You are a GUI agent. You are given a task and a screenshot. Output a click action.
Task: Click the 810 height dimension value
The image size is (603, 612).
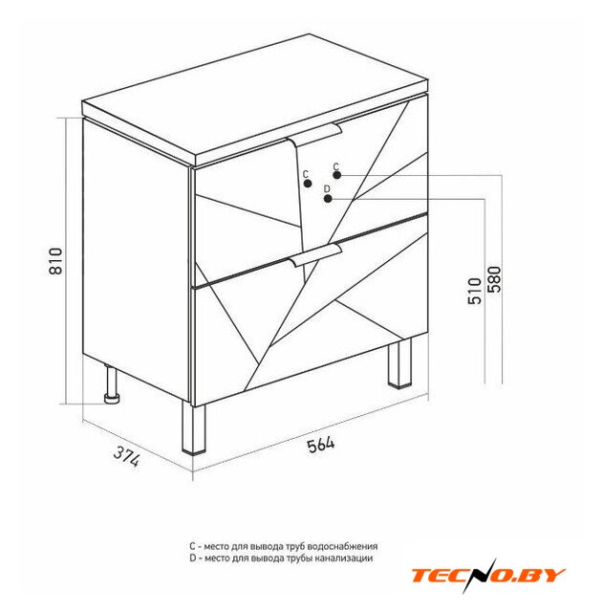[55, 261]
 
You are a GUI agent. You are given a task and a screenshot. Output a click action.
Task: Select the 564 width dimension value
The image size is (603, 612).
[321, 445]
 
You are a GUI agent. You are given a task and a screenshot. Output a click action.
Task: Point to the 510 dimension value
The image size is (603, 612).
[475, 291]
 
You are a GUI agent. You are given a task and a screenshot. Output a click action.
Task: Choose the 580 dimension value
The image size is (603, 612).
[493, 279]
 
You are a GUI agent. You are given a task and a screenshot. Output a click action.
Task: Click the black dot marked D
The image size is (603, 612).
[328, 198]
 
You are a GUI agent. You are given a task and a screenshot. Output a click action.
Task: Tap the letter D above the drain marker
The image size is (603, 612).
[327, 189]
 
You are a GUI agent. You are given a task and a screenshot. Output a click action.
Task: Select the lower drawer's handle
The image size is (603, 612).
[316, 254]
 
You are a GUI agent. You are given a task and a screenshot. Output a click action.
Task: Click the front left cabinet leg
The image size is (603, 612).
[193, 428]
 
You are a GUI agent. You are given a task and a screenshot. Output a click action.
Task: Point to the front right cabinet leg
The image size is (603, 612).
[399, 363]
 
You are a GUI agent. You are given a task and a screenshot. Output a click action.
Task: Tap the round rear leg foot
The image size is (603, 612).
[113, 399]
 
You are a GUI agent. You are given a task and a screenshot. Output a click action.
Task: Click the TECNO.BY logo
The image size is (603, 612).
[488, 576]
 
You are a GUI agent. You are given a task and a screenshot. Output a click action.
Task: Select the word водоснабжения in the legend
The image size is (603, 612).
[342, 546]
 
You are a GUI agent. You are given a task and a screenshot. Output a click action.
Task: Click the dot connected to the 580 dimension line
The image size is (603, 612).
[337, 175]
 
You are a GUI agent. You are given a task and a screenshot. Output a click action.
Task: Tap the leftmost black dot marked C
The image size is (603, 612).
[308, 183]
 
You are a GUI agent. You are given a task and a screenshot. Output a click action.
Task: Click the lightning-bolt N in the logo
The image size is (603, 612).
[479, 576]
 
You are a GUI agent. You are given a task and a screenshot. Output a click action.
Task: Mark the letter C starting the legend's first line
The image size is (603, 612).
[192, 546]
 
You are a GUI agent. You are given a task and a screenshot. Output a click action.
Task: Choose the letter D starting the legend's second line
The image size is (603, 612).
[193, 558]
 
